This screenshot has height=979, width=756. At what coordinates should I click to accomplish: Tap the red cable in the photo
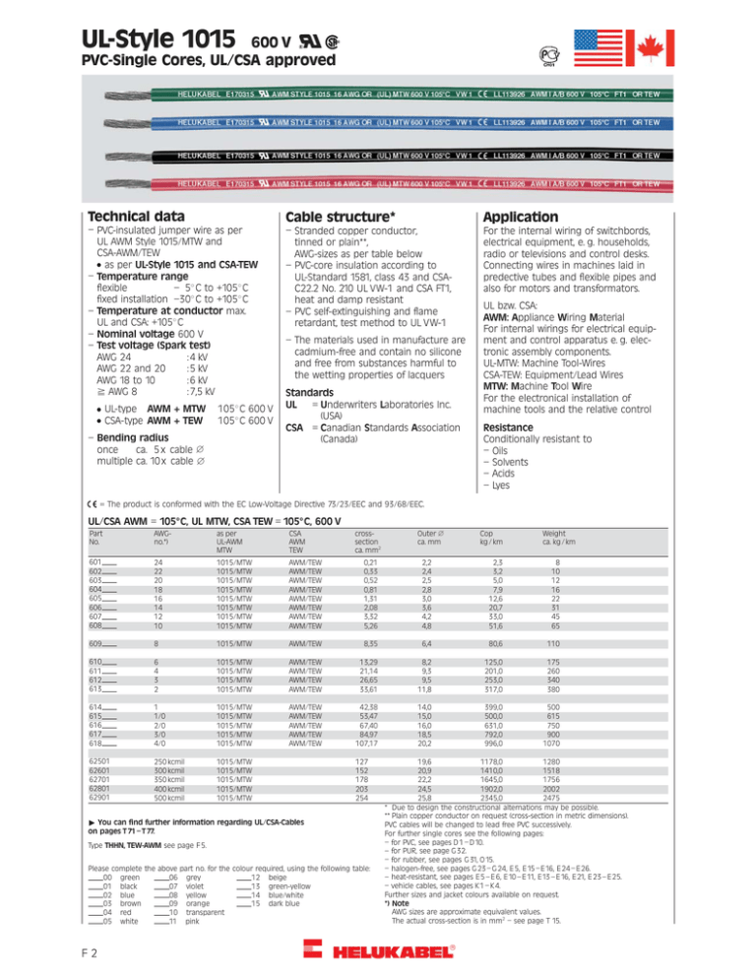coord(413,183)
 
